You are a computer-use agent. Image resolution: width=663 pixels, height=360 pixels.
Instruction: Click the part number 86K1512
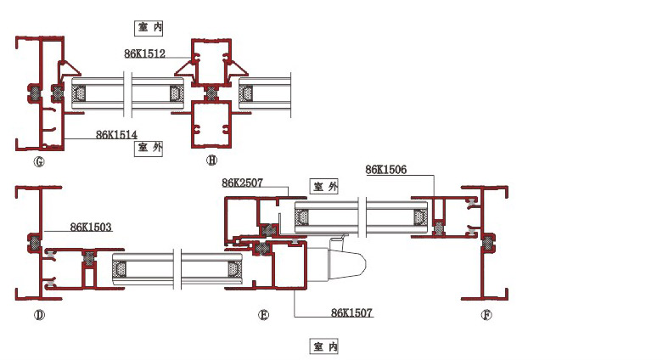144,53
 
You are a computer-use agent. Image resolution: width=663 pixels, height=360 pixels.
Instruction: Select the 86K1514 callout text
116,134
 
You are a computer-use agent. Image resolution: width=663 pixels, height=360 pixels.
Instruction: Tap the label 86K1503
91,227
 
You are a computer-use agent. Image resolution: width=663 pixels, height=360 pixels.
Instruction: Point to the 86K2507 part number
243,183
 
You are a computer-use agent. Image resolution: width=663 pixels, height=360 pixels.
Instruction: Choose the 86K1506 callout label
386,170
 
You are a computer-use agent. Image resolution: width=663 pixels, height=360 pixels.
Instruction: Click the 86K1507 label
351,313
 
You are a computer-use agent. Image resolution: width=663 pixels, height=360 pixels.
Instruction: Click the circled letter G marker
38,160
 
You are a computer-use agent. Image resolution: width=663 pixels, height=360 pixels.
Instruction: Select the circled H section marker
211,160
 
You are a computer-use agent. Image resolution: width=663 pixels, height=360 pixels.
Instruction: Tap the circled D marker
38,316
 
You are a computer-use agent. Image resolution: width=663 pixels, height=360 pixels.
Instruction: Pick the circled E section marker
263,316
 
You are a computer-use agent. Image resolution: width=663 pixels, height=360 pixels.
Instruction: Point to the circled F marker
486,316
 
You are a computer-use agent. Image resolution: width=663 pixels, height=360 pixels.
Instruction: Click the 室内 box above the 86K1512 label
149,27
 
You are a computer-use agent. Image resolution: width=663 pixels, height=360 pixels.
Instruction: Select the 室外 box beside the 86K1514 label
149,148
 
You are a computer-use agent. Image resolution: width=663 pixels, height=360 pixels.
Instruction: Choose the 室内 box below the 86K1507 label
325,346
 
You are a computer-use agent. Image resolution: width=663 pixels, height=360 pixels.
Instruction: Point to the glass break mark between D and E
176,268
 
